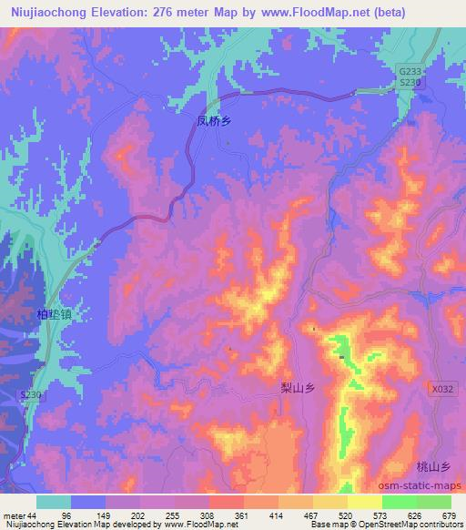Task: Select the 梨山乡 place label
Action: tap(299, 387)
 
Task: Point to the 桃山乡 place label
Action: tap(433, 466)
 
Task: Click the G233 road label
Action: tap(411, 69)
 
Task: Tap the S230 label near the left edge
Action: tap(32, 394)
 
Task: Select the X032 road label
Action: tap(441, 388)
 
